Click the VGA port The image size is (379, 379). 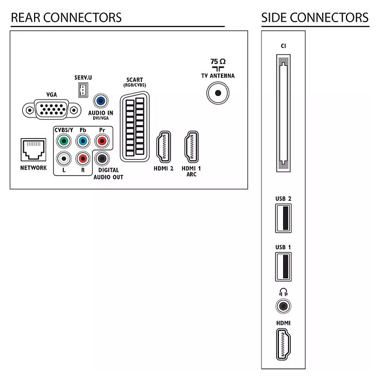pos(52,109)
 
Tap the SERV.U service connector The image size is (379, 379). pos(83,90)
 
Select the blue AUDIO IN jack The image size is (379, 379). pos(101,101)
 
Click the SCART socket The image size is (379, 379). pos(135,126)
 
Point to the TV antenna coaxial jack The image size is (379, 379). pos(218,93)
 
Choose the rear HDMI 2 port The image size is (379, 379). pos(164,147)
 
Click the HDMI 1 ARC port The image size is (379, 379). pos(192,147)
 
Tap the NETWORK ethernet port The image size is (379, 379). pos(34,150)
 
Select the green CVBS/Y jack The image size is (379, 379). pos(64,141)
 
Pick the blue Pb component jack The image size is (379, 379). pos(83,141)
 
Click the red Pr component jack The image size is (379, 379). pos(102,141)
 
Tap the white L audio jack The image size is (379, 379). pos(64,159)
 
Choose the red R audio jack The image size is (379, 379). pos(83,159)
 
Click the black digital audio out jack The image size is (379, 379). pos(102,159)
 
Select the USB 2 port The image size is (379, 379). pos(283,218)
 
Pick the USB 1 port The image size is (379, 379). pos(283,267)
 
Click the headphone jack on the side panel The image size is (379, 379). pos(283,306)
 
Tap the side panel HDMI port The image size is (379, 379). pos(283,344)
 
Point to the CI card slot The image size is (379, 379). pos(283,113)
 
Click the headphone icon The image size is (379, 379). pos(283,292)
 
